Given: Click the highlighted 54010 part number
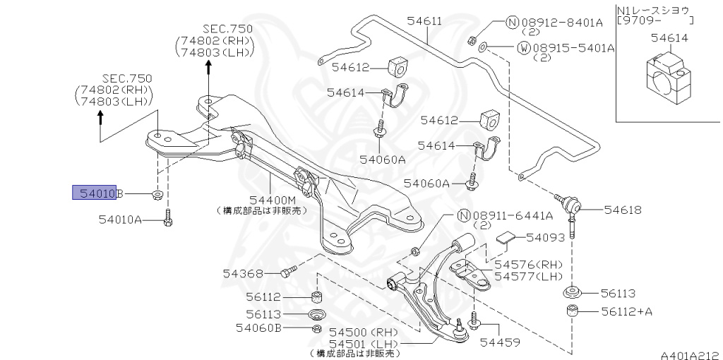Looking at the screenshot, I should point(94,193).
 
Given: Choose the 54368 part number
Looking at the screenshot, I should point(244,273).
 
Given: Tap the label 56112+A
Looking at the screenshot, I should point(627,311).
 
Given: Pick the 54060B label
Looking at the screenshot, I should point(258,328).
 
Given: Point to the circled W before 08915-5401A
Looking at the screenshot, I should point(524,48).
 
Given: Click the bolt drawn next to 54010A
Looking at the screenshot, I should point(168,218).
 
